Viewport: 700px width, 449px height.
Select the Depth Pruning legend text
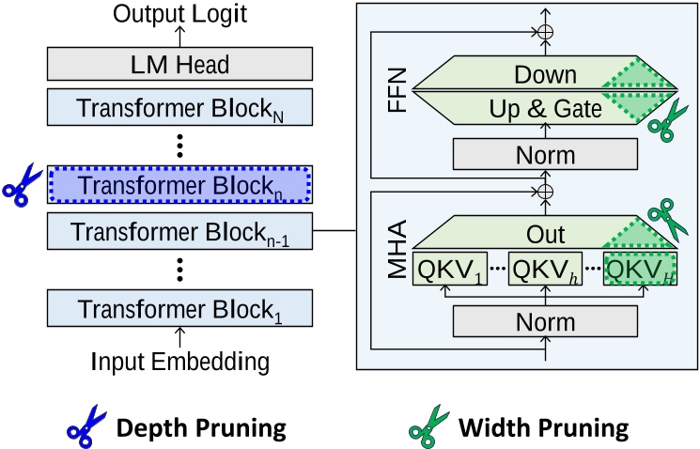coord(199,428)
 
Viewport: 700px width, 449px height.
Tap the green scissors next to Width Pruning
coord(426,427)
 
